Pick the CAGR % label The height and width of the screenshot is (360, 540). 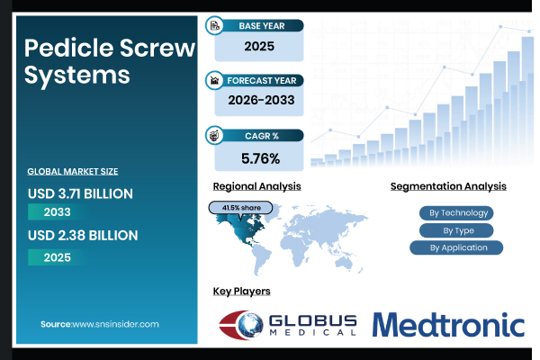(x=263, y=136)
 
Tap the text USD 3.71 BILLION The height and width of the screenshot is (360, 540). (x=81, y=193)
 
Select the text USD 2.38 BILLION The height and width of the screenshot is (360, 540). (x=83, y=236)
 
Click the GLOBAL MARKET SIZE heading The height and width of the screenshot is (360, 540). (x=73, y=171)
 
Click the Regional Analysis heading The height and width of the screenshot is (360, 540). (x=256, y=186)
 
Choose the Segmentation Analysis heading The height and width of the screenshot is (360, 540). (x=448, y=186)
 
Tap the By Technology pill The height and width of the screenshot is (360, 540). (x=458, y=213)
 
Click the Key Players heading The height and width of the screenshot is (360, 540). (x=241, y=292)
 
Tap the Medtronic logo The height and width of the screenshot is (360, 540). (x=447, y=324)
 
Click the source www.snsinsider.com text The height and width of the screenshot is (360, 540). (x=100, y=323)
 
